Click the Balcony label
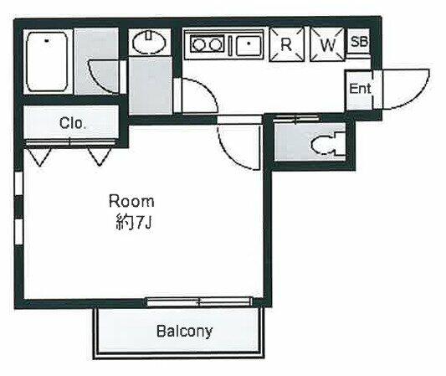(184, 332)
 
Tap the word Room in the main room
(131, 201)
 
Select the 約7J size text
(133, 223)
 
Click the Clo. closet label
(73, 123)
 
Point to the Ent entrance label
(360, 88)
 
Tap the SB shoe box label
(359, 42)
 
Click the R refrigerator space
(287, 44)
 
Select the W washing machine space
(327, 44)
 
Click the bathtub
(47, 61)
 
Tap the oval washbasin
(149, 43)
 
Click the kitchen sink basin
(249, 45)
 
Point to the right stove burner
(215, 44)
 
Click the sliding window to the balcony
(199, 301)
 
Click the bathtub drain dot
(47, 41)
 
